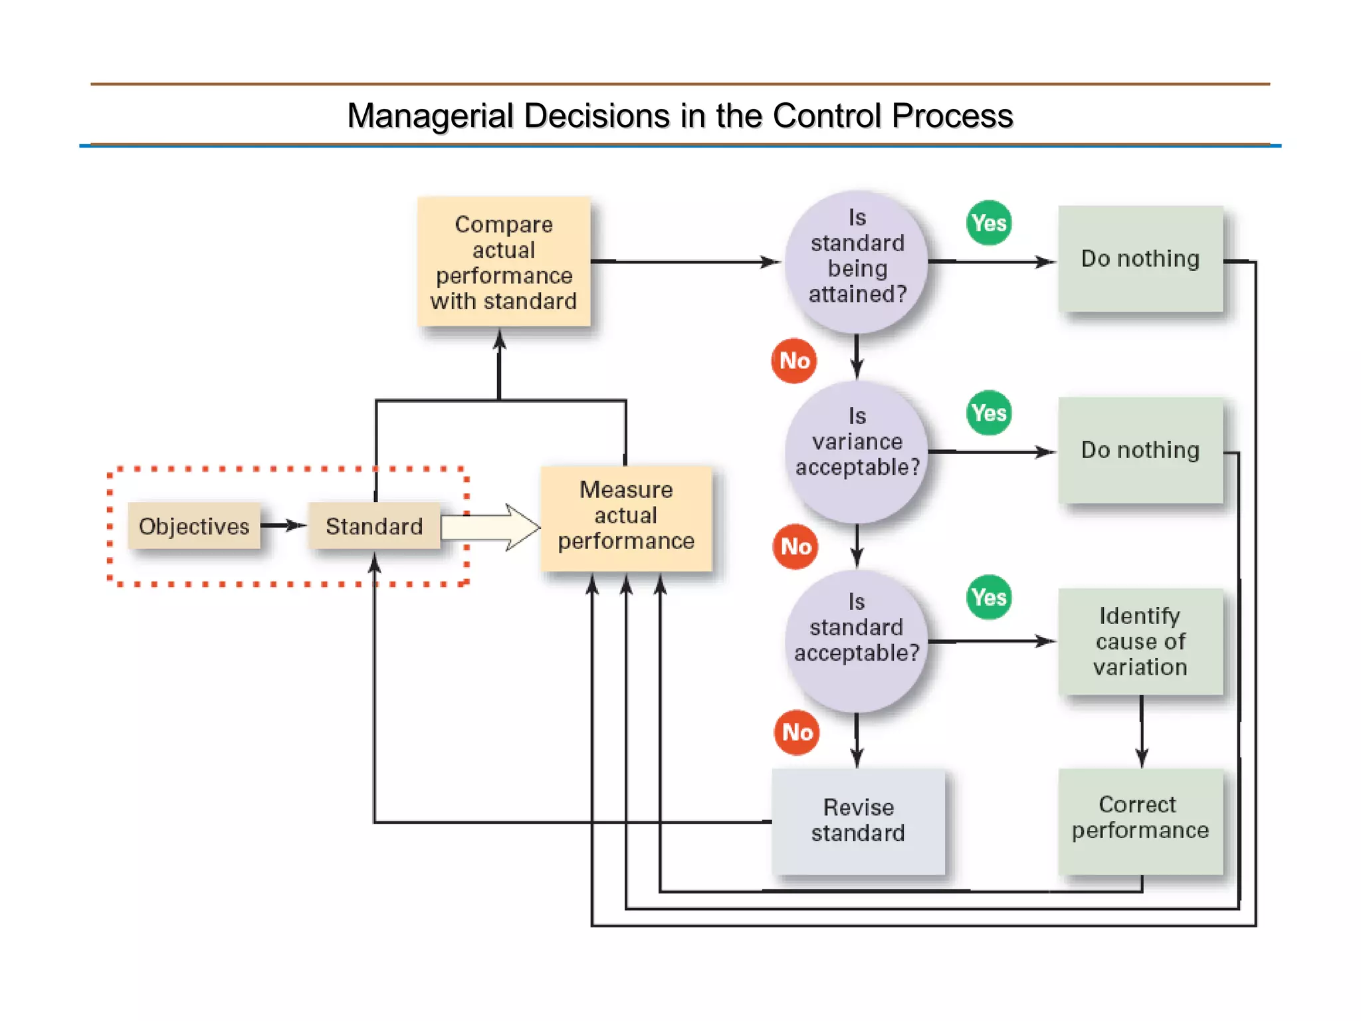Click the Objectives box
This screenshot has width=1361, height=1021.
[x=193, y=526]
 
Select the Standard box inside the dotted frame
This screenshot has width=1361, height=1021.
[x=374, y=526]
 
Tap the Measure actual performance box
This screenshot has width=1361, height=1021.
[x=626, y=516]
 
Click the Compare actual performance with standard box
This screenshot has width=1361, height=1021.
[x=504, y=262]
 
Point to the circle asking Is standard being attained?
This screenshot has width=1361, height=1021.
[x=857, y=262]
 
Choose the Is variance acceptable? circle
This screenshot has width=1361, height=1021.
[x=857, y=451]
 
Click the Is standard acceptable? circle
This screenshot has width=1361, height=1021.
[x=857, y=640]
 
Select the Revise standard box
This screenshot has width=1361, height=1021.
[x=858, y=820]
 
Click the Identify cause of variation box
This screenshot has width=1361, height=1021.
[x=1140, y=641]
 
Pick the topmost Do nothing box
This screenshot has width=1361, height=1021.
[x=1140, y=259]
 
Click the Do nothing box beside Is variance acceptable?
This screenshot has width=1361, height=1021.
[x=1140, y=450]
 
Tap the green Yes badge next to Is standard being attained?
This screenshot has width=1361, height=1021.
[x=989, y=223]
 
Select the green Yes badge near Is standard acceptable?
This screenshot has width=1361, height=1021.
[x=989, y=597]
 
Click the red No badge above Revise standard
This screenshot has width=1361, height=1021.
[x=797, y=732]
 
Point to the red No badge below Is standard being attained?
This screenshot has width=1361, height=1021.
[x=794, y=360]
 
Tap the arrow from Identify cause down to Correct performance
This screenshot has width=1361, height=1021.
[x=1142, y=731]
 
